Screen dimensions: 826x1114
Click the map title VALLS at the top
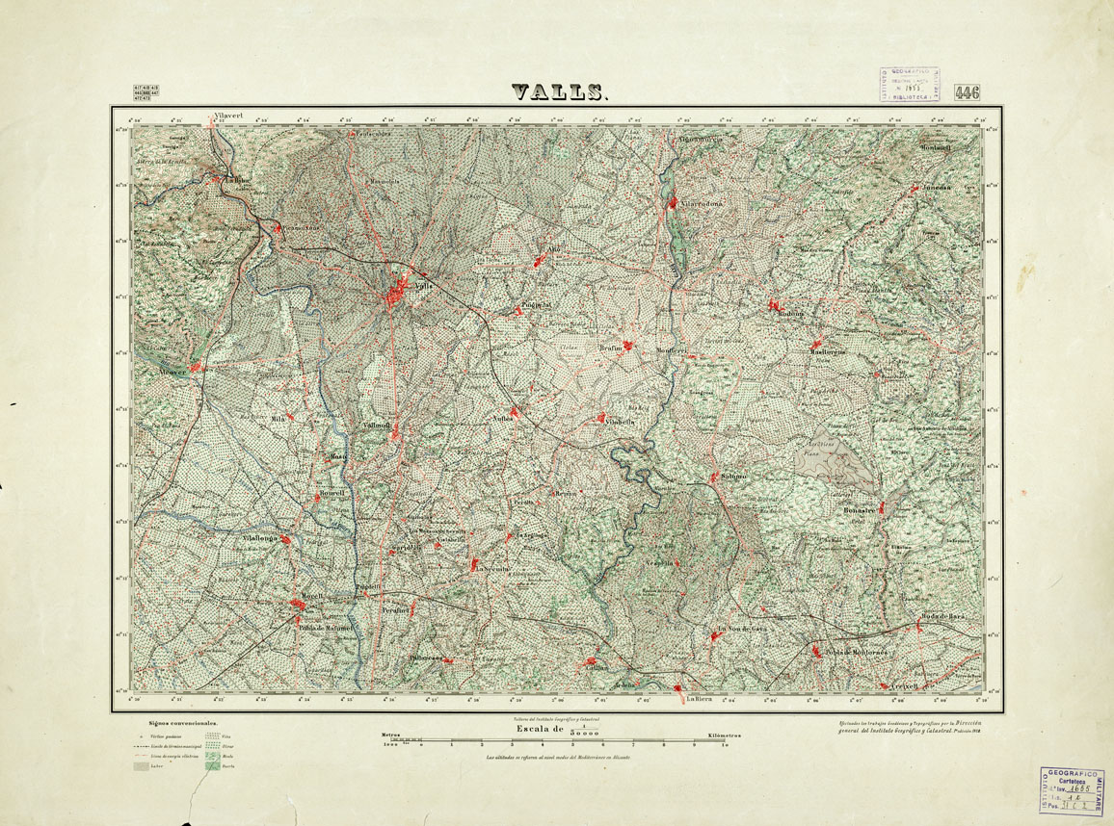(560, 92)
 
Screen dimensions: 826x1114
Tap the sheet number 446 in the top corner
(967, 92)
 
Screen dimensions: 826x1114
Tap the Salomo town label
(730, 477)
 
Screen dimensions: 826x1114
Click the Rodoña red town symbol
(773, 305)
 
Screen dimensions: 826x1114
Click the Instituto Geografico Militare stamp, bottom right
(1071, 790)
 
